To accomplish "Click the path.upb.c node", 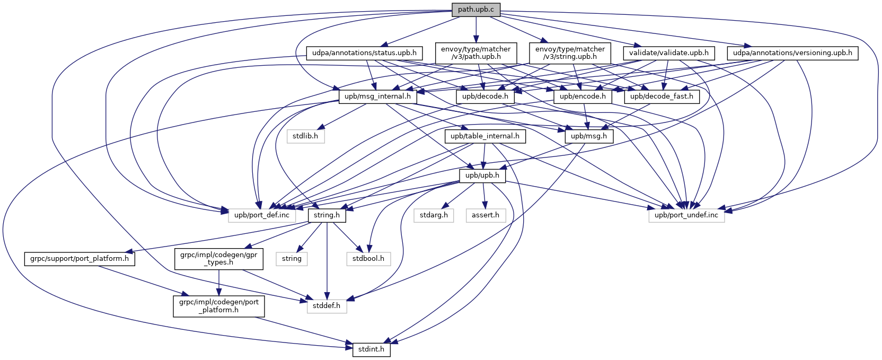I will click(476, 10).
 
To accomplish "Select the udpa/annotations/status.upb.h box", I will click(364, 53).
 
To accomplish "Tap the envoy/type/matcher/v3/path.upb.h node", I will click(475, 53).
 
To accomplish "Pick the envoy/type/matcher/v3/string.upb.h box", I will click(570, 53).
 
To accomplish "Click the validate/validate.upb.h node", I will click(668, 53).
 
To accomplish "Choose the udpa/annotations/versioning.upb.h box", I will click(792, 53).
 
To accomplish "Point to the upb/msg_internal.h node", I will click(377, 96).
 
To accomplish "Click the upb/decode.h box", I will click(485, 96).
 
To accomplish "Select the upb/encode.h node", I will click(583, 96).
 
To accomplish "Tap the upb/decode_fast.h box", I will click(662, 96).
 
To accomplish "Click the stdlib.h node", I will click(305, 136).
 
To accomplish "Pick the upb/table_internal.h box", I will click(485, 136).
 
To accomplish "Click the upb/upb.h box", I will click(482, 175).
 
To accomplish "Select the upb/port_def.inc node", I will click(262, 215).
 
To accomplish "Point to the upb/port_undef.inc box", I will click(686, 215).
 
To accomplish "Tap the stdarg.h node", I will click(434, 215).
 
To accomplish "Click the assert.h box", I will click(486, 215).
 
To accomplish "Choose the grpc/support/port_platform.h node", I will click(80, 259).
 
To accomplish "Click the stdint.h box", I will click(371, 350).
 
